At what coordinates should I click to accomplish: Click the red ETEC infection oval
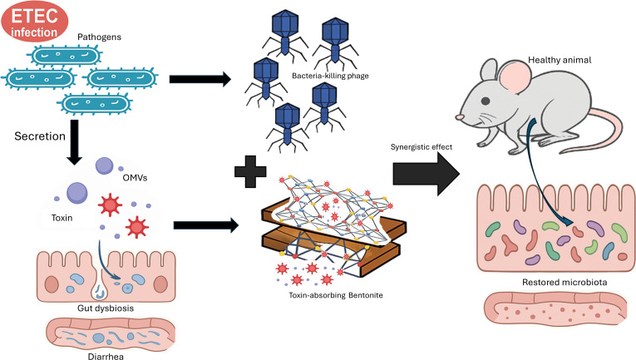click(x=34, y=22)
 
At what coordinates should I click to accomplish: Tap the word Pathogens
click(x=100, y=37)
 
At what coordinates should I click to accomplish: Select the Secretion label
click(x=40, y=136)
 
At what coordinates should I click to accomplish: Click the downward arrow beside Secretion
click(x=74, y=142)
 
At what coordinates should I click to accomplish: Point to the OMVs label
click(x=135, y=178)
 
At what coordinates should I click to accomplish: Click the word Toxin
click(x=62, y=218)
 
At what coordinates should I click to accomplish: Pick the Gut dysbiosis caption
click(x=106, y=308)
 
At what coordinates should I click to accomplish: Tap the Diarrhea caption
click(x=106, y=357)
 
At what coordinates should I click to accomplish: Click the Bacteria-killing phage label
click(x=330, y=76)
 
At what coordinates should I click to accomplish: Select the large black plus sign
click(x=250, y=171)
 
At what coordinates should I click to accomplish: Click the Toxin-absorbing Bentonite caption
click(x=335, y=295)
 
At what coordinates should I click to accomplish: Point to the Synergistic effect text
click(x=421, y=147)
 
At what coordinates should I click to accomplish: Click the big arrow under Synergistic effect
click(x=426, y=175)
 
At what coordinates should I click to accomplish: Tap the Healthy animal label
click(x=560, y=61)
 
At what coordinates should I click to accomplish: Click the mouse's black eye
click(x=486, y=101)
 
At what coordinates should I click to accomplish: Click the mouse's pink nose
click(x=460, y=117)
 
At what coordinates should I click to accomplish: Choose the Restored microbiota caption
click(x=565, y=282)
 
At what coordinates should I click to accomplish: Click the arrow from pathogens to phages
click(x=200, y=79)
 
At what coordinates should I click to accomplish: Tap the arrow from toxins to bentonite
click(x=206, y=225)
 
